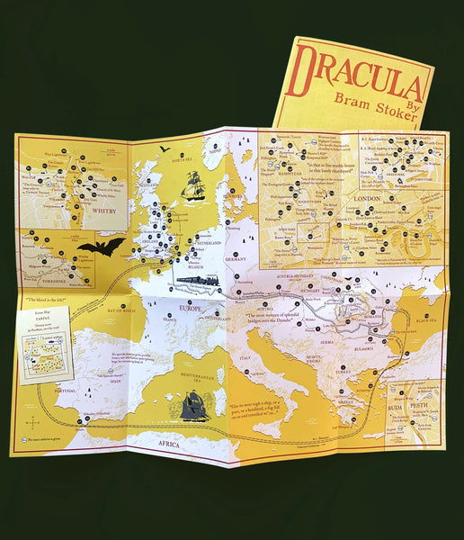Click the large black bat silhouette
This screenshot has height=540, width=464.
pyautogui.click(x=100, y=246)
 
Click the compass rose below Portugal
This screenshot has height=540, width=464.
pyautogui.click(x=33, y=419)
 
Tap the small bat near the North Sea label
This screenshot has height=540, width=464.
pyautogui.click(x=165, y=148)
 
